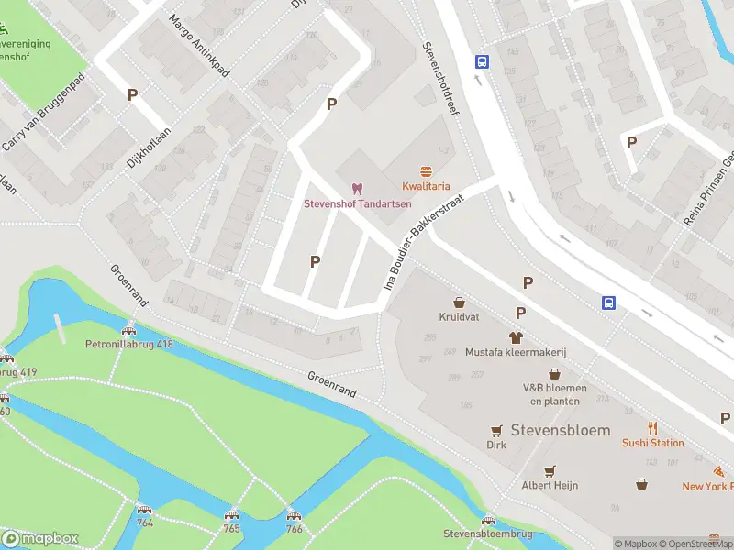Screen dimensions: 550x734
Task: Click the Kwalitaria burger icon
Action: (x=425, y=171)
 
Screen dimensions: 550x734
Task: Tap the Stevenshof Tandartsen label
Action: (x=357, y=203)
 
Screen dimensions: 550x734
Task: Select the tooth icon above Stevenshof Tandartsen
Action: (x=357, y=188)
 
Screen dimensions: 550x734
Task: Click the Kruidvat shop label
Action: (x=458, y=317)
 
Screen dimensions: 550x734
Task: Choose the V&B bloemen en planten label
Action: (x=553, y=393)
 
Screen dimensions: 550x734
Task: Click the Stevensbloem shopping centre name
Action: (x=561, y=430)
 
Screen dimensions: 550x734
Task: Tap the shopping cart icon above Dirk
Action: (x=496, y=430)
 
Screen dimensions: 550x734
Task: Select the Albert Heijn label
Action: (x=550, y=485)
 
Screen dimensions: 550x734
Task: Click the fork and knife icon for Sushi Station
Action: (x=653, y=428)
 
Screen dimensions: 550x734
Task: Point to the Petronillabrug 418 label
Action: (x=128, y=345)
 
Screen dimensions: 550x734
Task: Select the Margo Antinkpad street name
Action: (x=199, y=47)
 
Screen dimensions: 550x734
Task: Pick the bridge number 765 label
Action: (x=231, y=528)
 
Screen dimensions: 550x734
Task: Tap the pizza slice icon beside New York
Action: (x=717, y=471)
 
